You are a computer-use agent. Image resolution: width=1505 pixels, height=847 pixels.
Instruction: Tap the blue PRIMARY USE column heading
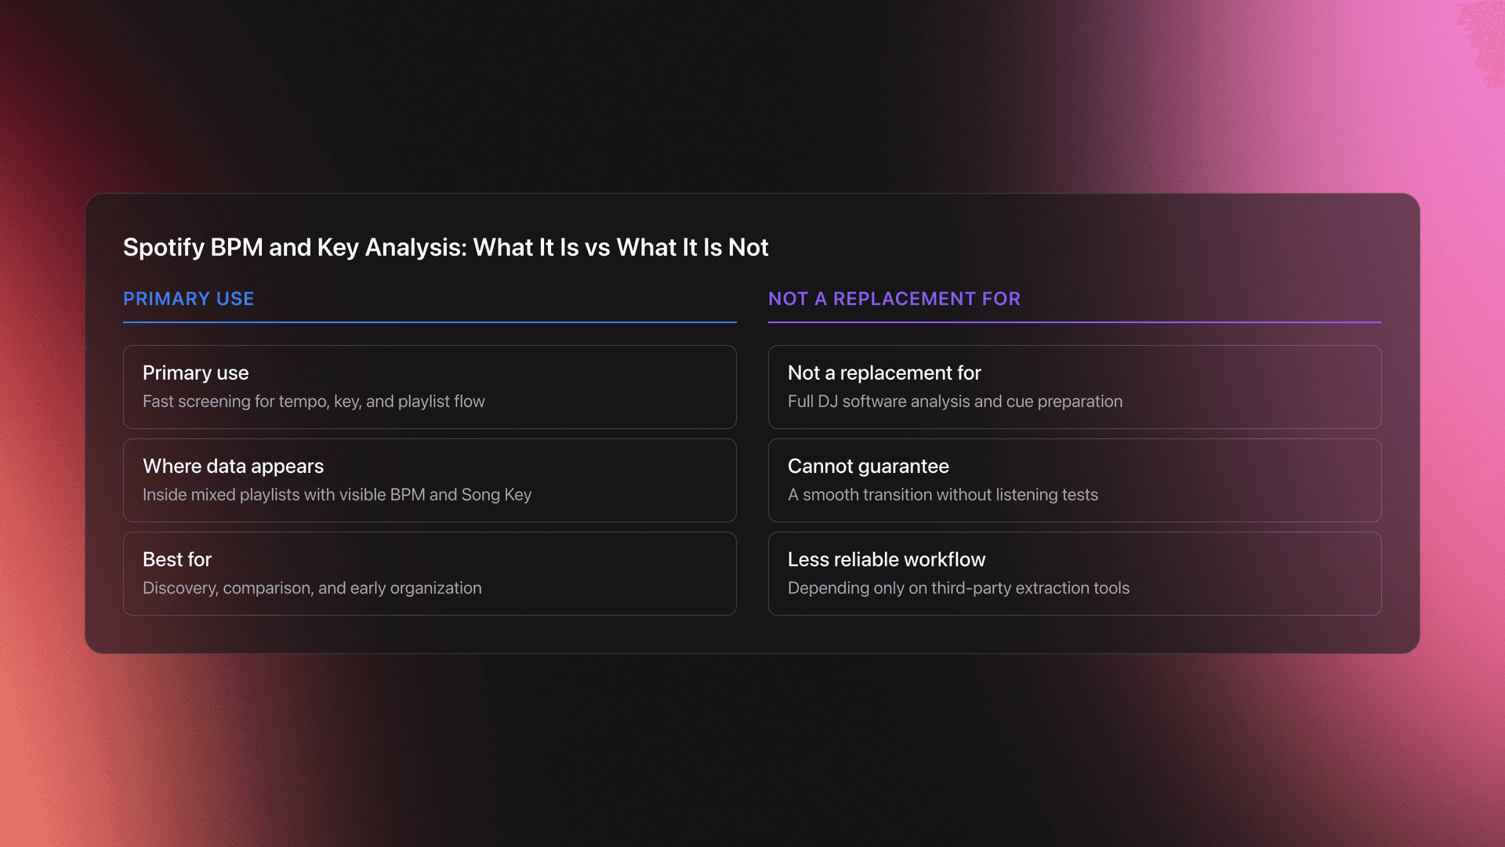tap(188, 299)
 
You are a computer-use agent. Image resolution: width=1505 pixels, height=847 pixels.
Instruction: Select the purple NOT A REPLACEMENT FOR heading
tap(894, 299)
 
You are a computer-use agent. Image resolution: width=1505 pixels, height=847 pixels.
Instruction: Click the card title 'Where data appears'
tap(233, 467)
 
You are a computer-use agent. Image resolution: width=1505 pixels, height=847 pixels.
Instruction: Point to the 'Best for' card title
tap(177, 560)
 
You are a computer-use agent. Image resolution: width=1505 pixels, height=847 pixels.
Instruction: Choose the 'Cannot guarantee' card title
tap(868, 467)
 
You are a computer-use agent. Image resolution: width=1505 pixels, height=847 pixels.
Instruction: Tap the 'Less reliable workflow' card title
tap(886, 560)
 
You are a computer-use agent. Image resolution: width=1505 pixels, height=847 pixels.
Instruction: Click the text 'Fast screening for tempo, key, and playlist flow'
tap(314, 402)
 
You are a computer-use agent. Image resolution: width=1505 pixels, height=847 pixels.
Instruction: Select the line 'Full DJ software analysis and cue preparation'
tap(955, 402)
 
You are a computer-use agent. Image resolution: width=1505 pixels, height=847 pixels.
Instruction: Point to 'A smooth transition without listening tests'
tap(942, 495)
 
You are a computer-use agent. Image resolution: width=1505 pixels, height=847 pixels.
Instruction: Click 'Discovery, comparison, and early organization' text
tap(312, 588)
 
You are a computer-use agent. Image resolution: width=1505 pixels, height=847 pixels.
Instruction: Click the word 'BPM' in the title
tap(237, 248)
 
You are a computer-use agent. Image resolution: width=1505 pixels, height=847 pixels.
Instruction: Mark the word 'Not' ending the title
tap(749, 248)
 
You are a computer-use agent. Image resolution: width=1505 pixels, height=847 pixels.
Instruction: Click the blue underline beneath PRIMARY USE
tap(430, 322)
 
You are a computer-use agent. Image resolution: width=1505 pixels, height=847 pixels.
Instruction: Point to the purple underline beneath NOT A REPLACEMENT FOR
tap(1074, 322)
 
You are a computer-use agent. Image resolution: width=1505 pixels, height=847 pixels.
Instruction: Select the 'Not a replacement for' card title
tap(884, 373)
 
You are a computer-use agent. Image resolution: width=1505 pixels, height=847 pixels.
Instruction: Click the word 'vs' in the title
tap(597, 249)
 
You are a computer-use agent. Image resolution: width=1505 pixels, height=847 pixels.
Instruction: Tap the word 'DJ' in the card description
tap(828, 402)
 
